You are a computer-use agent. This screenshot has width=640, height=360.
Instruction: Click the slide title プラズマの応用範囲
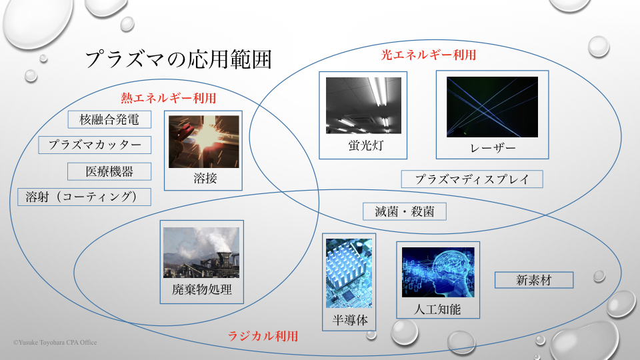point(179,59)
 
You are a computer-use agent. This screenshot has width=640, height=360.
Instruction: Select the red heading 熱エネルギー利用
point(168,98)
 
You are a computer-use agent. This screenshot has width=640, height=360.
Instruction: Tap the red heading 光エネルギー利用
point(429,55)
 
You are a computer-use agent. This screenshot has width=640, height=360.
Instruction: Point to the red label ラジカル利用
point(263,336)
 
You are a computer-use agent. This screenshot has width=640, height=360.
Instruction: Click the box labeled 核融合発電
point(109,119)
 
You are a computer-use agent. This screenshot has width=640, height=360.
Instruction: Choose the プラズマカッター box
point(95,145)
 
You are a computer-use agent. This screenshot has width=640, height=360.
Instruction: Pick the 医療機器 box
point(109,171)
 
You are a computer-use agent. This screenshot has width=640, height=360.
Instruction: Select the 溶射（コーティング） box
point(84,197)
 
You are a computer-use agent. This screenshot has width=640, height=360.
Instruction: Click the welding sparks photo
point(204,141)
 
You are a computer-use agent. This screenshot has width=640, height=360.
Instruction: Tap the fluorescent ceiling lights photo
point(363,105)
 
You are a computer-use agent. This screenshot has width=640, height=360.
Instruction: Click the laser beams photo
point(492,107)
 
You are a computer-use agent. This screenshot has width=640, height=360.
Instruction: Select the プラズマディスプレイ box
point(472,179)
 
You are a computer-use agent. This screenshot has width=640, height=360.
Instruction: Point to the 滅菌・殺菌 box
point(405,211)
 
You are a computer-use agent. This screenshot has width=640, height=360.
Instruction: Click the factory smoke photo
point(201,253)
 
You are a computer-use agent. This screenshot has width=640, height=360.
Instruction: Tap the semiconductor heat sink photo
point(349,273)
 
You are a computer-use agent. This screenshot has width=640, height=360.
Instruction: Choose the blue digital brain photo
point(438,272)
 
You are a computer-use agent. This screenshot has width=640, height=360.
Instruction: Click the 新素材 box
point(534,280)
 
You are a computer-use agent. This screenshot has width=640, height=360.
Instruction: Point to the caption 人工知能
point(437,309)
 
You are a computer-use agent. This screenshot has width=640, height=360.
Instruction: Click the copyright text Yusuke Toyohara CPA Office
point(55,343)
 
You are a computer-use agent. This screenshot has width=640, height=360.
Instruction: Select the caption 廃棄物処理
point(202,289)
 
